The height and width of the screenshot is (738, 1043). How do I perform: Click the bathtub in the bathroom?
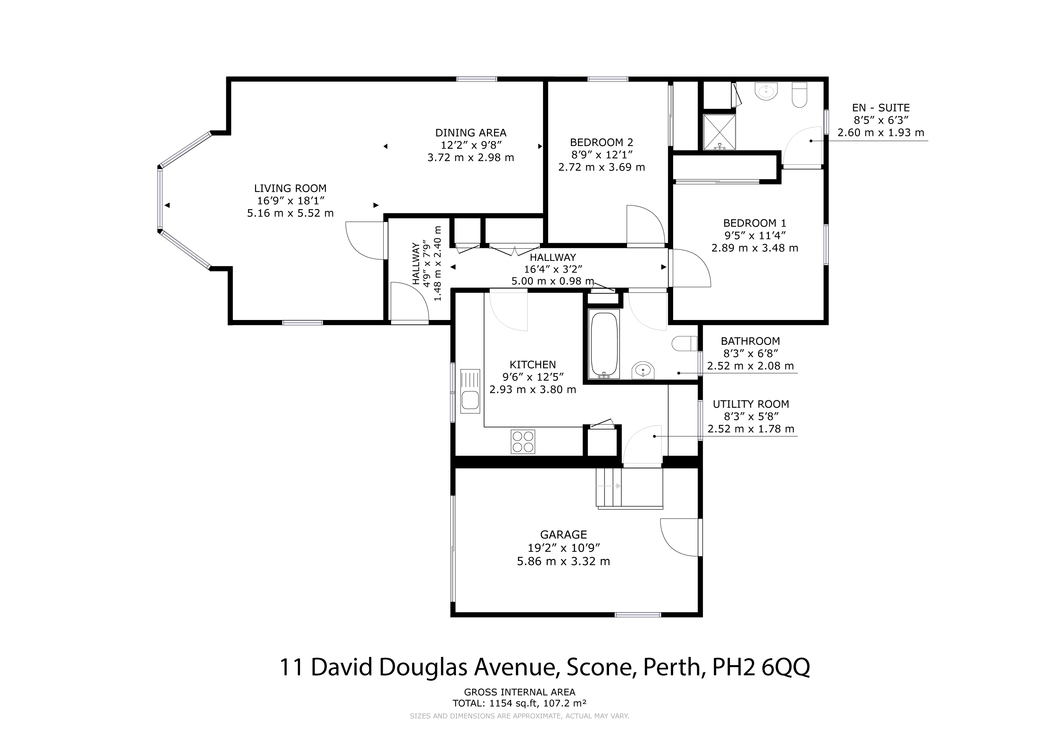604,344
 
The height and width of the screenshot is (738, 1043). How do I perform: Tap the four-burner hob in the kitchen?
523,442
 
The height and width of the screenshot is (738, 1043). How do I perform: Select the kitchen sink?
470,391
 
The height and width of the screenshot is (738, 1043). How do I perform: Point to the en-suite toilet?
800,94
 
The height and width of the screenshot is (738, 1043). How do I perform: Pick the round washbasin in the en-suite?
766,91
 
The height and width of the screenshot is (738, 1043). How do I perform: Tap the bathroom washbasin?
643,370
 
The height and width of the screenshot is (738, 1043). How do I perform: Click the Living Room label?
290,188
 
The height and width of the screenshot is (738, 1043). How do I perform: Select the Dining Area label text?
471,133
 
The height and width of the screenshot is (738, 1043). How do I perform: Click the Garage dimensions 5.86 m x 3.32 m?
563,561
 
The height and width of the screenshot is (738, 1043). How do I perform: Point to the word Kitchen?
532,364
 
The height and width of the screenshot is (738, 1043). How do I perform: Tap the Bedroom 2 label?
601,142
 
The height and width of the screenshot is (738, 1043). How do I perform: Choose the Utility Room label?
751,404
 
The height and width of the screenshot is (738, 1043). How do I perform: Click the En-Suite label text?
881,108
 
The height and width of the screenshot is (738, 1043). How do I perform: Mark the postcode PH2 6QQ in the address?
761,668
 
